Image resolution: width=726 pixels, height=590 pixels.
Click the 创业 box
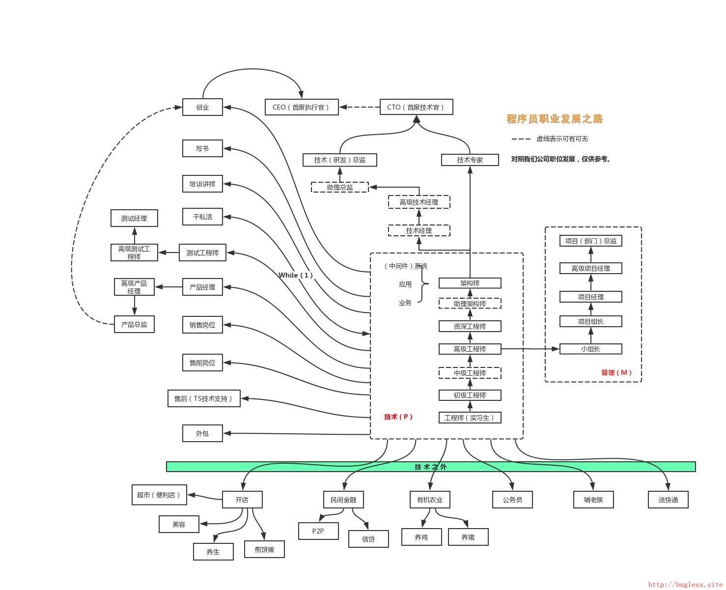point(202,107)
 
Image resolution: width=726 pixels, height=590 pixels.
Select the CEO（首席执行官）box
point(301,107)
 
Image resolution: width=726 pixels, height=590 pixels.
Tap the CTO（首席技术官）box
point(416,107)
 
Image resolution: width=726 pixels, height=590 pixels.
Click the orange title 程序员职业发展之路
point(554,118)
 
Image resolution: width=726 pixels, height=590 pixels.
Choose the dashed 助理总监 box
point(339,187)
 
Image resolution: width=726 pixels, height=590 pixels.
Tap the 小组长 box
point(590,349)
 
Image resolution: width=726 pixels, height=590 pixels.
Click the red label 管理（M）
point(616,372)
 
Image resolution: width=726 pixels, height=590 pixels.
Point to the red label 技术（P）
point(398,416)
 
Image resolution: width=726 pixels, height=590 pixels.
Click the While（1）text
point(295,275)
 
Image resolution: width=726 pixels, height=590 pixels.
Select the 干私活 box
point(202,217)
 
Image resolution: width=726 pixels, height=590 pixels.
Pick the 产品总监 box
point(134,324)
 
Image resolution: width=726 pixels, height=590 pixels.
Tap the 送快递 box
point(668,499)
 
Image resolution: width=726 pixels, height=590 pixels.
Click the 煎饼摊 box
point(264,549)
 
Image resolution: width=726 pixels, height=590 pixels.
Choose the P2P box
point(318,531)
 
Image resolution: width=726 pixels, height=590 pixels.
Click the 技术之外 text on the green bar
point(430,466)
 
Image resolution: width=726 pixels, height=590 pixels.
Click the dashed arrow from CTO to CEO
point(360,107)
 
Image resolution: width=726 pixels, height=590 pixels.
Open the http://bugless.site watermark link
point(685,584)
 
